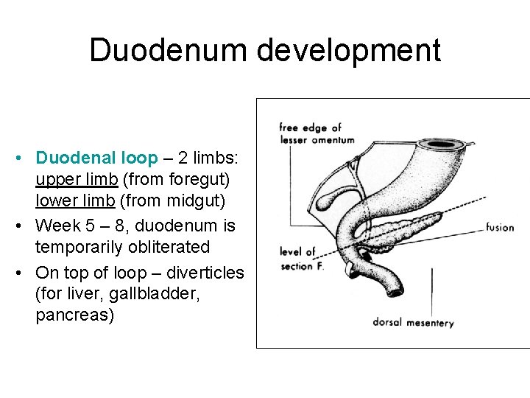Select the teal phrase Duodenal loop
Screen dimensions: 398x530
click(x=96, y=158)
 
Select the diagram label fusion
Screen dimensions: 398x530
click(x=500, y=227)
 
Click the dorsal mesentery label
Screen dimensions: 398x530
click(x=413, y=322)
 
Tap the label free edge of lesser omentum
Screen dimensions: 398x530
click(x=317, y=133)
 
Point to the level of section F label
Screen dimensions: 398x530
click(x=300, y=259)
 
